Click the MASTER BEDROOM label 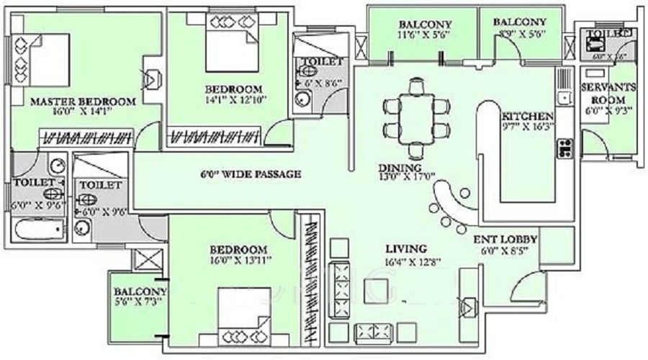pyautogui.click(x=83, y=102)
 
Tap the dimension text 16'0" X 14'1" pyautogui.click(x=83, y=112)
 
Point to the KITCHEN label pyautogui.click(x=528, y=117)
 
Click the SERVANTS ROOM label pyautogui.click(x=608, y=94)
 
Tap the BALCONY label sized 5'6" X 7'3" pyautogui.click(x=140, y=292)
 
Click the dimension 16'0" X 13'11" pyautogui.click(x=240, y=261)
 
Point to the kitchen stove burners pyautogui.click(x=563, y=148)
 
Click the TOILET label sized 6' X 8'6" pyautogui.click(x=322, y=62)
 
